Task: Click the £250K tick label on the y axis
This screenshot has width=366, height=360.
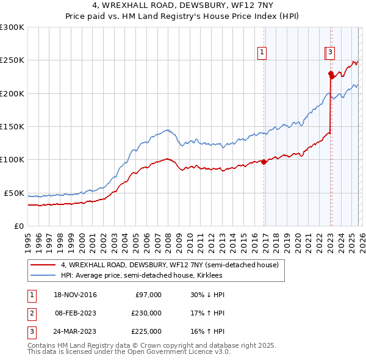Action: click(x=12, y=60)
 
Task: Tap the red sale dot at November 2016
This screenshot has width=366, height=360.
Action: click(x=264, y=162)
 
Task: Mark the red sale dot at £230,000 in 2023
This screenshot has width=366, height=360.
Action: click(x=331, y=74)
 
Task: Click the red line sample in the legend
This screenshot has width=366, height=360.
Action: click(x=43, y=265)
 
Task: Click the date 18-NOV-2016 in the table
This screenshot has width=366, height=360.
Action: click(x=75, y=295)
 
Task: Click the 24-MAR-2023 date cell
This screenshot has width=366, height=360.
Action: click(x=75, y=331)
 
